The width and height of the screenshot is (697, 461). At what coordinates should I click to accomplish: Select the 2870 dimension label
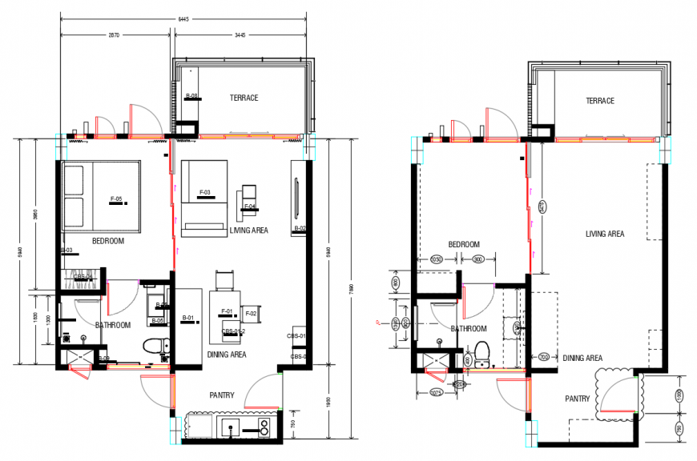(115, 35)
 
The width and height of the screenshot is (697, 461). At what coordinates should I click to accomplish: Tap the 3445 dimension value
(240, 35)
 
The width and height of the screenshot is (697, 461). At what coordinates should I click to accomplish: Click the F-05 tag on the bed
(115, 198)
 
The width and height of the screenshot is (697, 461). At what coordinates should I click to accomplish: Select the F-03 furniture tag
(204, 193)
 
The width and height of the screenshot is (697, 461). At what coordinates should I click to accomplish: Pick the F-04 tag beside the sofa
(249, 207)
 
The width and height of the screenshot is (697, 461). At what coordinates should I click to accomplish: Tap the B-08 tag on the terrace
(191, 96)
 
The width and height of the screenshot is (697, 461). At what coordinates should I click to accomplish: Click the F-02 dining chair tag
(250, 313)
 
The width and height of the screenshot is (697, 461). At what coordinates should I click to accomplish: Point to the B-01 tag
(188, 318)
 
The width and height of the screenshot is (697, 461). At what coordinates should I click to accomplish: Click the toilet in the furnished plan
(155, 347)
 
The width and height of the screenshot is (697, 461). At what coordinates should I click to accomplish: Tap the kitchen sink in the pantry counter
(229, 427)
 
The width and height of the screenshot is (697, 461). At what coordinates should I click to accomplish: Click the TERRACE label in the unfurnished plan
(599, 101)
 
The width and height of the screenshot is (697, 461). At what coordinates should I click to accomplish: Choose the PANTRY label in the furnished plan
(222, 395)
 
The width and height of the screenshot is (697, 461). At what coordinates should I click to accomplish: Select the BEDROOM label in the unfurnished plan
(463, 244)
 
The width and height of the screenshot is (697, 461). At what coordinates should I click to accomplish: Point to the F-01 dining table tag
(226, 311)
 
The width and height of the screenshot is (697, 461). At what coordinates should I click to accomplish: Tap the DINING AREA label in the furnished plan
(227, 355)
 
